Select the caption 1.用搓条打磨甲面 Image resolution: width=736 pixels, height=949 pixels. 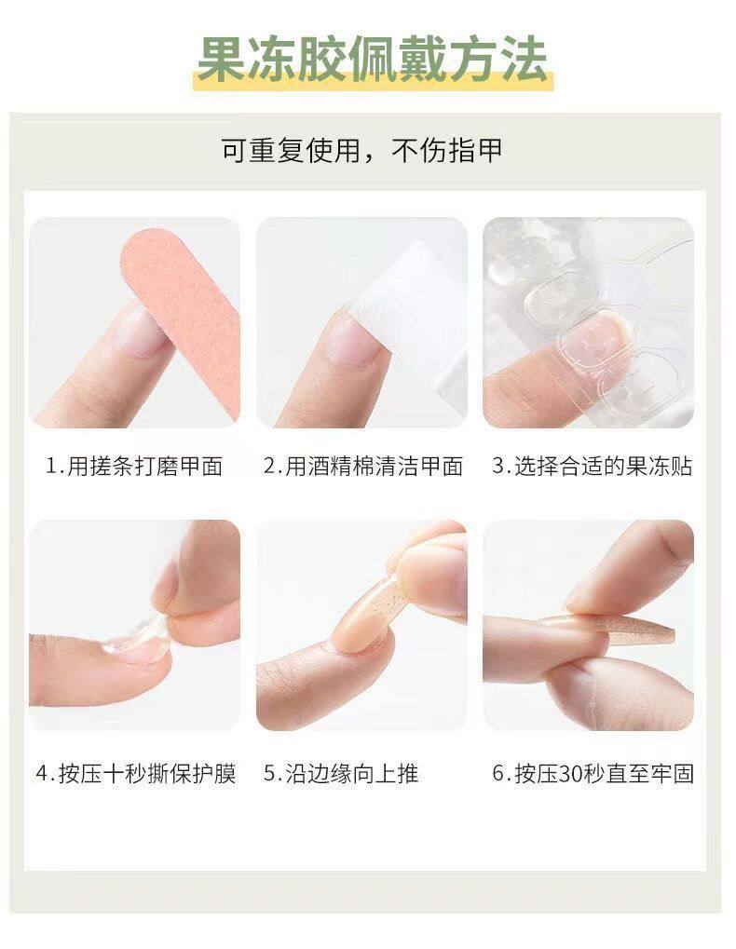coord(134,467)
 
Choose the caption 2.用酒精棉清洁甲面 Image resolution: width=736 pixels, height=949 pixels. coord(362,467)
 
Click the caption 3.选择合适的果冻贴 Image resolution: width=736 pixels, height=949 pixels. coord(592,467)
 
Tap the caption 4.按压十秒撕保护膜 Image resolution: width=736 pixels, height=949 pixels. coord(134,774)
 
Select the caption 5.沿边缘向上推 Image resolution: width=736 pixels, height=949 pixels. coord(340,774)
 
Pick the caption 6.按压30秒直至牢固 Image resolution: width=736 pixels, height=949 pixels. coord(592,774)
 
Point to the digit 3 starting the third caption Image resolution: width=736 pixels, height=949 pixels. coord(497,467)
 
